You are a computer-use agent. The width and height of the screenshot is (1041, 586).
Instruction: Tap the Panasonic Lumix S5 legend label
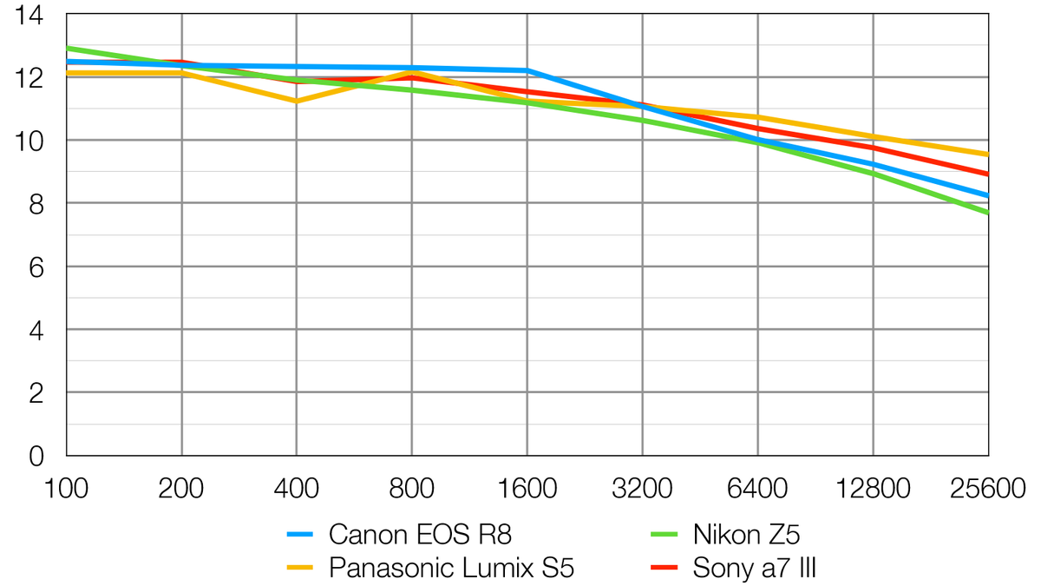(x=451, y=569)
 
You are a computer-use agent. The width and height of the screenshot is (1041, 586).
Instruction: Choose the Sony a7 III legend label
(x=755, y=569)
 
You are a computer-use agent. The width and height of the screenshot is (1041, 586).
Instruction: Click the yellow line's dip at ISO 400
(x=297, y=102)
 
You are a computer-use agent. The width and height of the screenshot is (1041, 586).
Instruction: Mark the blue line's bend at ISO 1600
(x=527, y=70)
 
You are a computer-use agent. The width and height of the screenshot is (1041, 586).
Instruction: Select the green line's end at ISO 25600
(x=987, y=212)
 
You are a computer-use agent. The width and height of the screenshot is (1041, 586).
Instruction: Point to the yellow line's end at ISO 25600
(x=987, y=155)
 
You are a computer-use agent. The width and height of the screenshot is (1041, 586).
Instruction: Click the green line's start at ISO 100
(x=68, y=48)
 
